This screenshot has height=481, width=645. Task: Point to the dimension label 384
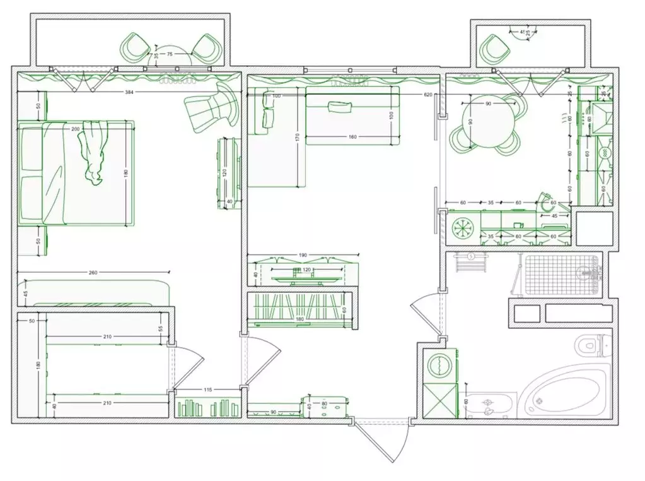pyautogui.click(x=130, y=93)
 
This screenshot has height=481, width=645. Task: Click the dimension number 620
pyautogui.click(x=428, y=95)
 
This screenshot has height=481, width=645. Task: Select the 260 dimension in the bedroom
pyautogui.click(x=93, y=273)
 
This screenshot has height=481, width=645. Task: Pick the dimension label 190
pyautogui.click(x=303, y=255)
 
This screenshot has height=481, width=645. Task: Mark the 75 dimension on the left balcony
pyautogui.click(x=169, y=55)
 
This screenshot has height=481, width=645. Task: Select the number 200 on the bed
pyautogui.click(x=76, y=129)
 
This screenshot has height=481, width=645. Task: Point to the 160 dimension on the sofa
pyautogui.click(x=352, y=136)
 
